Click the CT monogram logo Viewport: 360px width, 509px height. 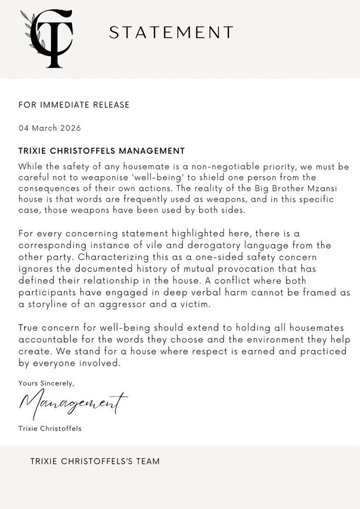coord(47,39)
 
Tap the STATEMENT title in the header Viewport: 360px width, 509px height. coord(171,33)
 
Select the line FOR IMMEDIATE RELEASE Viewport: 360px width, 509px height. coord(74,105)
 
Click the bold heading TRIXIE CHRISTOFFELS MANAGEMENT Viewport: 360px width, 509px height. coord(101,151)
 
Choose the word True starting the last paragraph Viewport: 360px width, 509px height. coord(29,329)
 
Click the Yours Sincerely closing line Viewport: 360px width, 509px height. coord(47,383)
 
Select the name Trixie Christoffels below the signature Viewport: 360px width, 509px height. coord(50,428)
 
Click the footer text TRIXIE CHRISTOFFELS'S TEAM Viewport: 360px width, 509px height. coord(95,461)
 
